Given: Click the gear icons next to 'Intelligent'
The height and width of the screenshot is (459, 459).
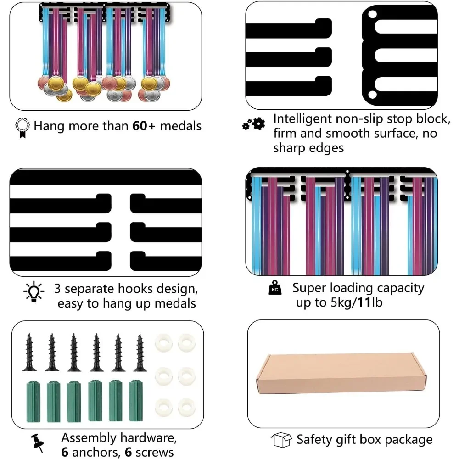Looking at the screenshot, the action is (254, 124).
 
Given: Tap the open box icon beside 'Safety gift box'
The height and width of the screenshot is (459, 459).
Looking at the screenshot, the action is (281, 440).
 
